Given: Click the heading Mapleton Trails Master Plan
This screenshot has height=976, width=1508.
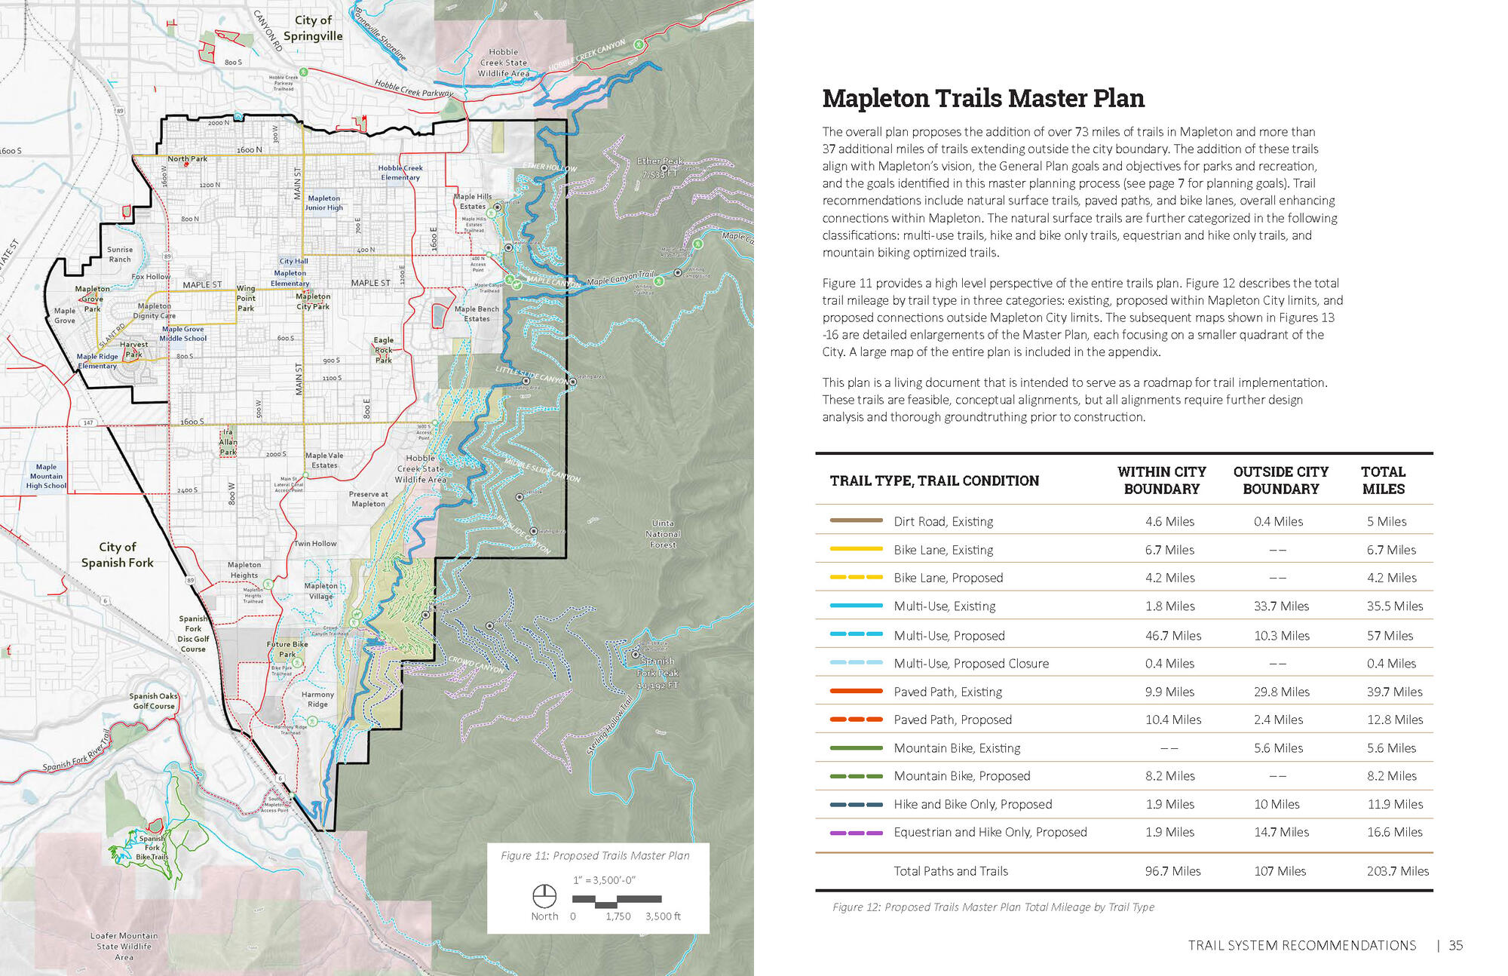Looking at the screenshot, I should coord(982,99).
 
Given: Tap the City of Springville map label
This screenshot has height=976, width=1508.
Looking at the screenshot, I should coord(313,28).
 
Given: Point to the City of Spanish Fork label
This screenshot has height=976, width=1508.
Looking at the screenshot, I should coord(118,554).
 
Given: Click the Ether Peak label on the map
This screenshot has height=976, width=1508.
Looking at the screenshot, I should coord(660,167).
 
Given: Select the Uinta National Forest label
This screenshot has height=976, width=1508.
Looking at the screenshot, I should coord(663,533).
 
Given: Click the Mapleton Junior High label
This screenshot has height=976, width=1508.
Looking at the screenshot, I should coord(323,203).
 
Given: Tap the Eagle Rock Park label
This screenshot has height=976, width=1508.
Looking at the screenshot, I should coord(383,350).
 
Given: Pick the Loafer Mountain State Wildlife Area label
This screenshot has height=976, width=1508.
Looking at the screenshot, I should coord(124,946).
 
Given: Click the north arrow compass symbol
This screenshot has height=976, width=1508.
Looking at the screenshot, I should coord(544,896).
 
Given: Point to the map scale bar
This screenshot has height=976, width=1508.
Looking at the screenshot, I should coord(617,899).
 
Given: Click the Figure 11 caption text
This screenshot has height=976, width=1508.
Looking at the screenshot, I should coord(595,855).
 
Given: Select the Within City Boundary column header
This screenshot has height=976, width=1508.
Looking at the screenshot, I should coord(1161,480).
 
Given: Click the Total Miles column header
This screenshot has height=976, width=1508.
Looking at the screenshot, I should coord(1383,480).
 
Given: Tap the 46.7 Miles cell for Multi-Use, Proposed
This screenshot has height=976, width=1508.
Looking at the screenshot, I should coord(1173,635).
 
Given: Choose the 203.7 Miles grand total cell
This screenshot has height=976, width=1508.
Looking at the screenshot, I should coord(1397,870).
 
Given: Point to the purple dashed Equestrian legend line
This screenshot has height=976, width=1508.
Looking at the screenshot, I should coord(856,833).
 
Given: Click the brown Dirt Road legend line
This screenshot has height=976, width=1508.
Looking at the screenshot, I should coord(856,520).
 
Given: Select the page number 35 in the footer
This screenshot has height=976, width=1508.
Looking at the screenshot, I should coord(1455,945).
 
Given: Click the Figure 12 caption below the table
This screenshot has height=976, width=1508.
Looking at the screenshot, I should coord(993,907).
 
